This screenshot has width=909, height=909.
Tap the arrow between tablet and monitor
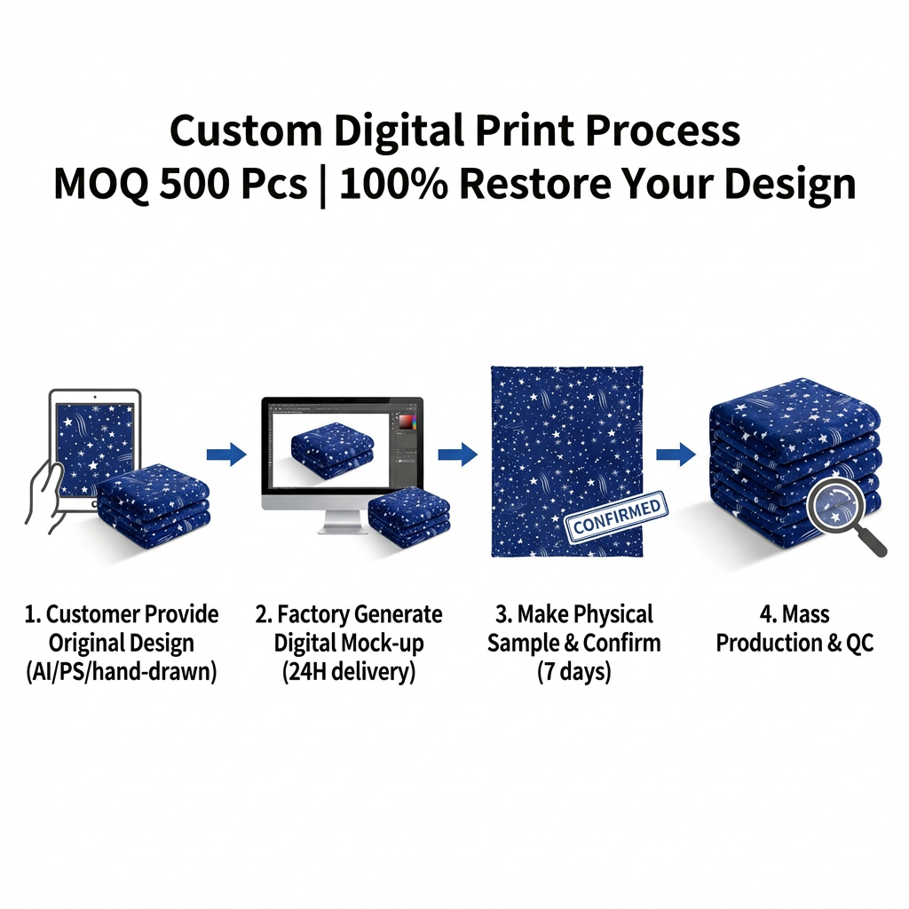point(226,455)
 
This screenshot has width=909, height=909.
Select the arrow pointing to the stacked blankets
point(676,455)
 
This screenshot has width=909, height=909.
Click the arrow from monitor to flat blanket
point(457,455)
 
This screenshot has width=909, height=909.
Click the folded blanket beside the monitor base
point(408,517)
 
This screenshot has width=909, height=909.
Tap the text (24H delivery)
point(349,672)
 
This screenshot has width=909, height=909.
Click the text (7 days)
point(573,672)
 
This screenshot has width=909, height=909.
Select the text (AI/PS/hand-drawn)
point(122,672)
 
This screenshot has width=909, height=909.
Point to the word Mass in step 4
point(805,614)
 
